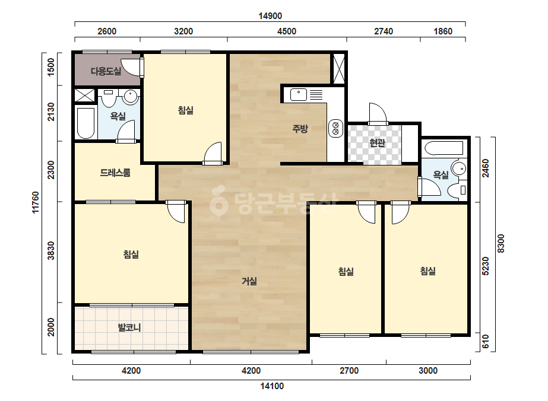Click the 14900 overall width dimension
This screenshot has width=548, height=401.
[270, 16]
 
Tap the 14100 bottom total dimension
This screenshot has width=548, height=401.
[272, 386]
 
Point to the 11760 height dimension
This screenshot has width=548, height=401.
[35, 202]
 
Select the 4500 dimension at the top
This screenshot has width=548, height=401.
[287, 31]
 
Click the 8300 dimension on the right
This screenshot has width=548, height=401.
[501, 243]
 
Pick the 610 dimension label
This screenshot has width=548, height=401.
[486, 342]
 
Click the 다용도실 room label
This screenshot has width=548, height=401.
[106, 71]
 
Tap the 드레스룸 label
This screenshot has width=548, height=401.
[115, 173]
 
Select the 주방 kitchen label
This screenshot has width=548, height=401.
[300, 129]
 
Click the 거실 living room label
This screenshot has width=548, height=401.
[249, 281]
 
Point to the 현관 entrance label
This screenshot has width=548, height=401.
[377, 143]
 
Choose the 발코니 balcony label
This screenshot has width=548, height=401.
[129, 327]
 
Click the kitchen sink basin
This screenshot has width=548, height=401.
[299, 95]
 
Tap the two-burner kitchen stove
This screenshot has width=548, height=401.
[335, 128]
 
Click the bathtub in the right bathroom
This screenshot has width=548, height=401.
[444, 148]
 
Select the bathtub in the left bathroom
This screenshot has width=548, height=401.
[85, 123]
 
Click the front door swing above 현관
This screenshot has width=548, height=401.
[378, 113]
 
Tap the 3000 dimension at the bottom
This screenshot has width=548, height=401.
[428, 371]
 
